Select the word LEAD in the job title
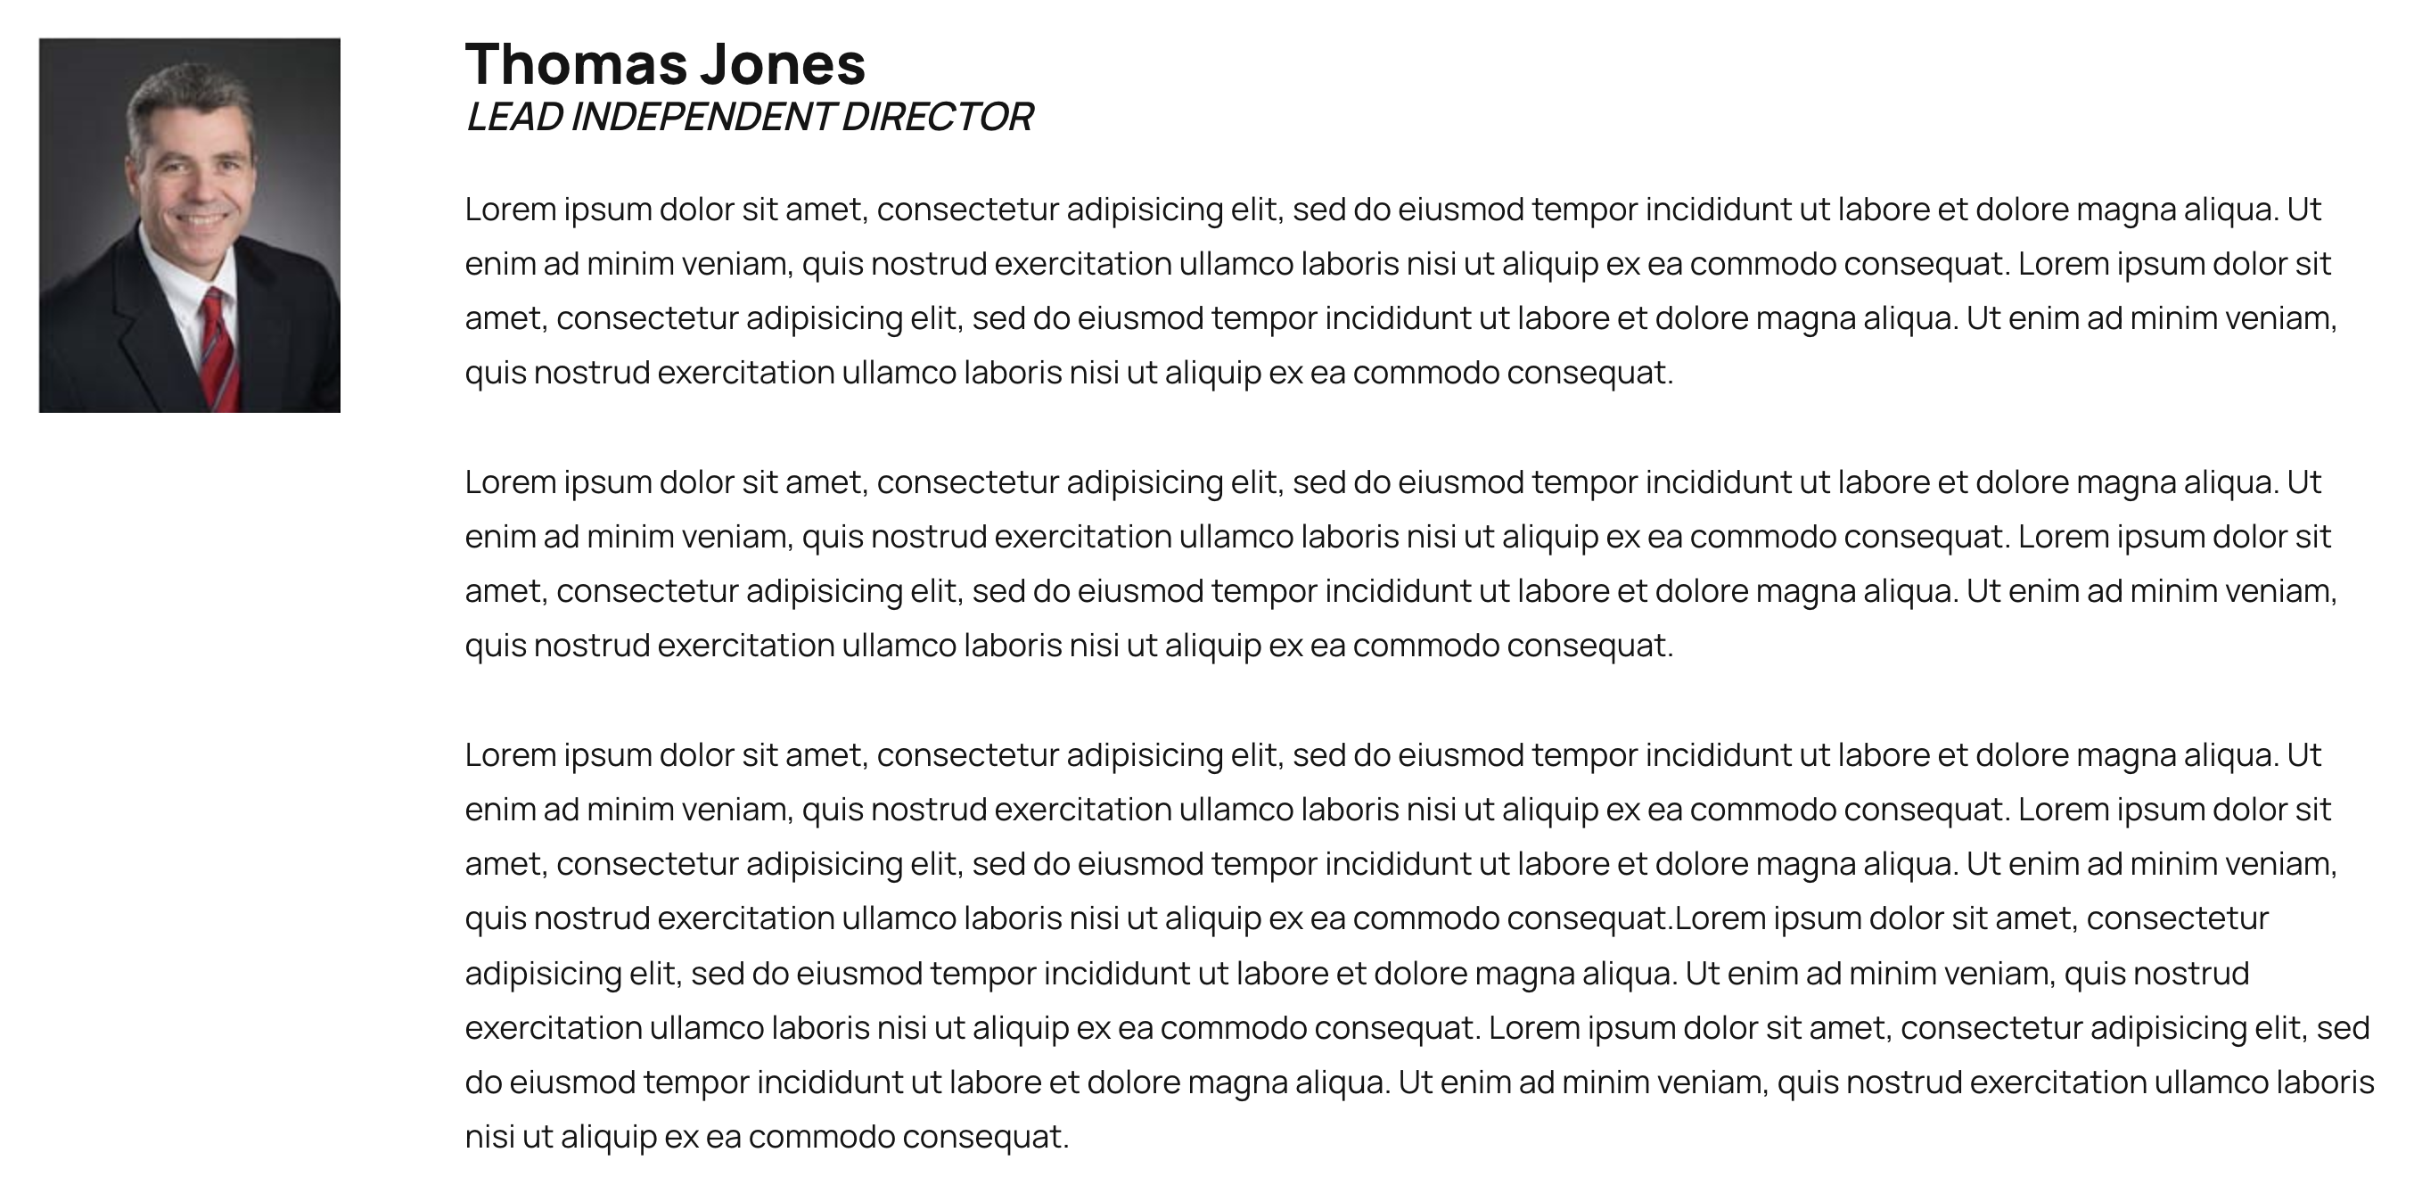tap(513, 117)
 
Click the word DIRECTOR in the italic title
tap(937, 117)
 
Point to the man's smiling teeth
tap(202, 219)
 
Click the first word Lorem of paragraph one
tap(510, 209)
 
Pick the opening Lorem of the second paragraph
tap(510, 482)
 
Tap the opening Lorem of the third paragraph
tap(510, 755)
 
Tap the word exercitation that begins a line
tap(553, 1028)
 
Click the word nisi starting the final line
tap(489, 1138)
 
